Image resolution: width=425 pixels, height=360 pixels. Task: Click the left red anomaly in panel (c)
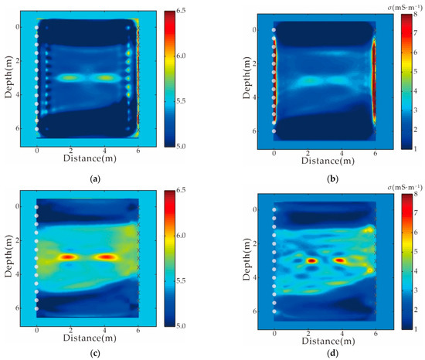click(x=69, y=256)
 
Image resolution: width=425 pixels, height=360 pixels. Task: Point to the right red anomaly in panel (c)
click(x=106, y=256)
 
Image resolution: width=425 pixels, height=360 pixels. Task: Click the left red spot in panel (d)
click(x=311, y=261)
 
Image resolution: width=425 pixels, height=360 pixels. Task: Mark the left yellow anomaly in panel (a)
click(x=70, y=78)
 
